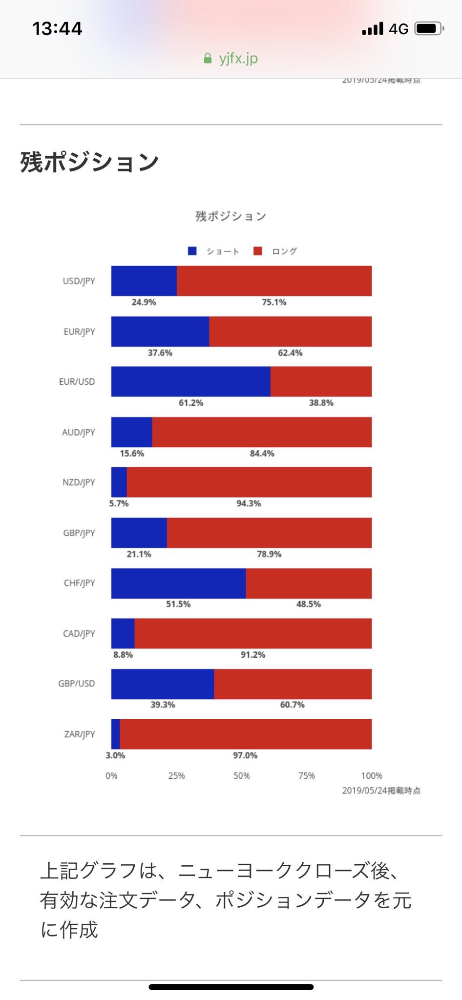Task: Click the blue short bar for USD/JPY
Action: coord(144,281)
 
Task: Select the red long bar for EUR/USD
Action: coord(321,381)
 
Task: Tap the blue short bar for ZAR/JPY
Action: coord(116,734)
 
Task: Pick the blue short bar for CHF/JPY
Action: coord(178,583)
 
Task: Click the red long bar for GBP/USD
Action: coord(293,684)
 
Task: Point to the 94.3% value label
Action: coord(249,503)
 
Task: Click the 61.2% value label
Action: coord(190,403)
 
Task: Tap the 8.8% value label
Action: coord(123,655)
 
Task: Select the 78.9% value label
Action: coord(269,554)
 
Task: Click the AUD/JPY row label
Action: coord(79,432)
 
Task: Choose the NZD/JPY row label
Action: coord(79,482)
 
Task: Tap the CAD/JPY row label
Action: coord(79,633)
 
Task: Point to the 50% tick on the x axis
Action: coord(241,776)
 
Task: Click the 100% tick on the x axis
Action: coord(372,776)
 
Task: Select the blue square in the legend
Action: coord(192,251)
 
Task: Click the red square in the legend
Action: coord(258,251)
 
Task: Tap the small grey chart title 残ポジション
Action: coord(231,216)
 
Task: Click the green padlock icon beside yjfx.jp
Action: coord(208,59)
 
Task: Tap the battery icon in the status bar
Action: coord(428,29)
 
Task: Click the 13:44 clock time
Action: coord(57,29)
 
